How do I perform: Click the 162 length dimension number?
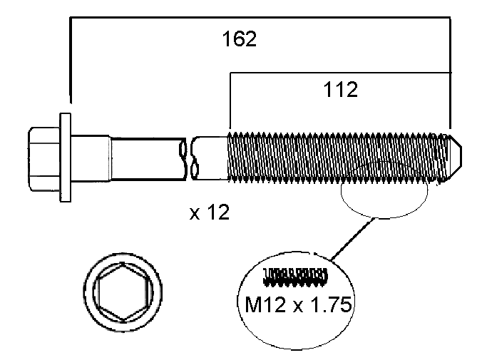pyautogui.click(x=240, y=39)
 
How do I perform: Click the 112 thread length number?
pyautogui.click(x=339, y=89)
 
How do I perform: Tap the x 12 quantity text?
pyautogui.click(x=210, y=212)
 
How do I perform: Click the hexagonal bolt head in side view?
pyautogui.click(x=43, y=159)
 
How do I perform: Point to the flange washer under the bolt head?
pyautogui.click(x=66, y=158)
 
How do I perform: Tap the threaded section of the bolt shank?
pyautogui.click(x=335, y=156)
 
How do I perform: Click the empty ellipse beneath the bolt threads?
pyautogui.click(x=385, y=200)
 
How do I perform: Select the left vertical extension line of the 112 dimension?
pyautogui.click(x=229, y=100)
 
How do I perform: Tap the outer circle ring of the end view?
pyautogui.click(x=91, y=292)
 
